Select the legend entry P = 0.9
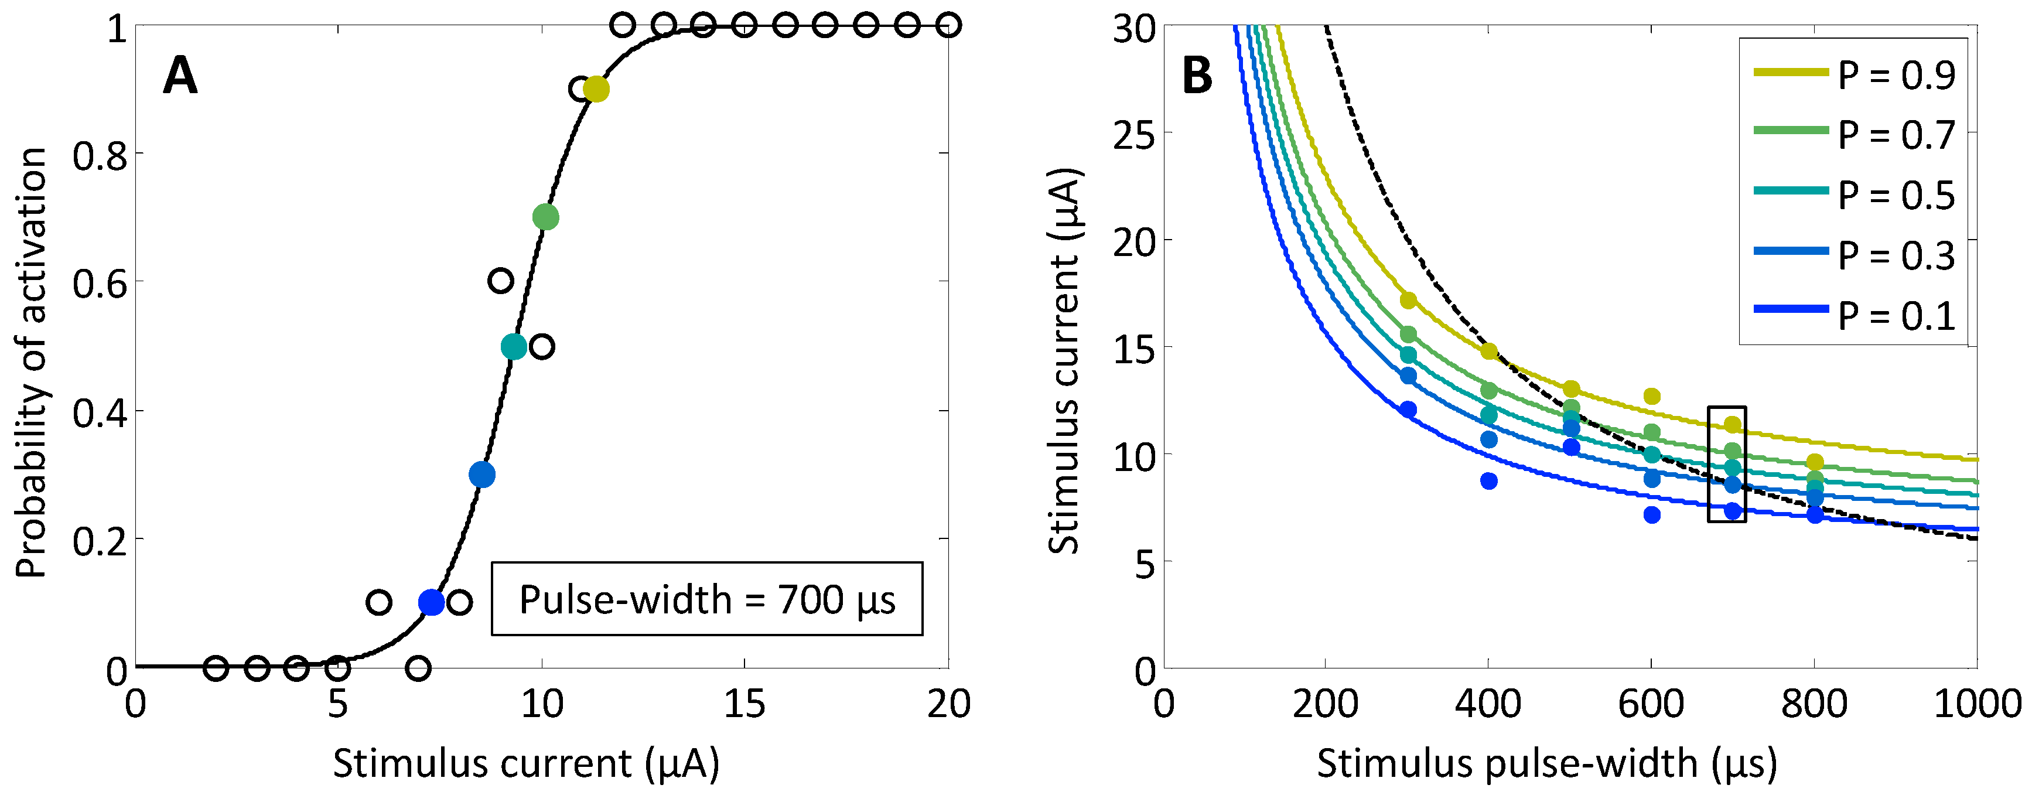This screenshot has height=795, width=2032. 1854,74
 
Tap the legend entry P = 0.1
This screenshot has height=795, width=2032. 1854,315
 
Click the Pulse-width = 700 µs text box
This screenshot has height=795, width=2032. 707,599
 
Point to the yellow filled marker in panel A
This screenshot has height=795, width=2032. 596,89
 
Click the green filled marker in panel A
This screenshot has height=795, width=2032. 546,217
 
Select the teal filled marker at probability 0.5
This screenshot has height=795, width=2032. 514,346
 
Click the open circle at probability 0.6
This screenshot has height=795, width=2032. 501,280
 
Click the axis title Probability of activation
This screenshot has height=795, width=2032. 32,363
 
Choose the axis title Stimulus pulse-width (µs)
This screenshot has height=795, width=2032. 1546,763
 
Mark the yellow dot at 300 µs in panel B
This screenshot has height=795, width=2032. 1408,301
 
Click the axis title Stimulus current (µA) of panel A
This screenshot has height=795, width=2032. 526,763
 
